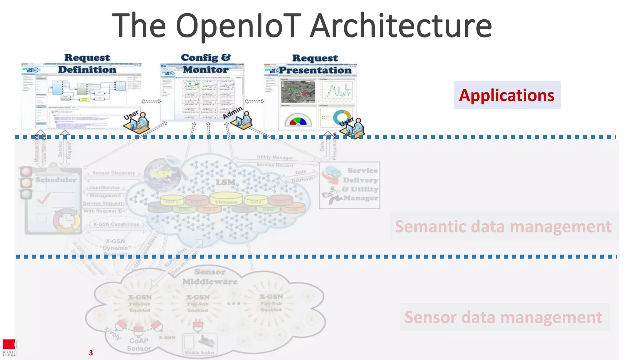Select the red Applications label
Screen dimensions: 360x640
(507, 95)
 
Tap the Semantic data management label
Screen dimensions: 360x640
(503, 227)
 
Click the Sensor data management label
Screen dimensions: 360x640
(503, 317)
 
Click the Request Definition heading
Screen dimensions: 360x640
(87, 64)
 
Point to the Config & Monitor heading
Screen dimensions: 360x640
(206, 63)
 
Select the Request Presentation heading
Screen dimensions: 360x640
(315, 64)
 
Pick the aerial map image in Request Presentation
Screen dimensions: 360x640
(298, 92)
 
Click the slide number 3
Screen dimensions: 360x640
(91, 353)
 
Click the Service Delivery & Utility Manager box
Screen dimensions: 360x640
(350, 185)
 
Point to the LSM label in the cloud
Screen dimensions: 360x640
(225, 182)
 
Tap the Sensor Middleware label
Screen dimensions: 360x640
(210, 277)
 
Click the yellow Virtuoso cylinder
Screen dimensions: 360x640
(226, 199)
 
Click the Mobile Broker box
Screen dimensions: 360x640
(199, 345)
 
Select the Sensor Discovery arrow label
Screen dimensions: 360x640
(114, 173)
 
